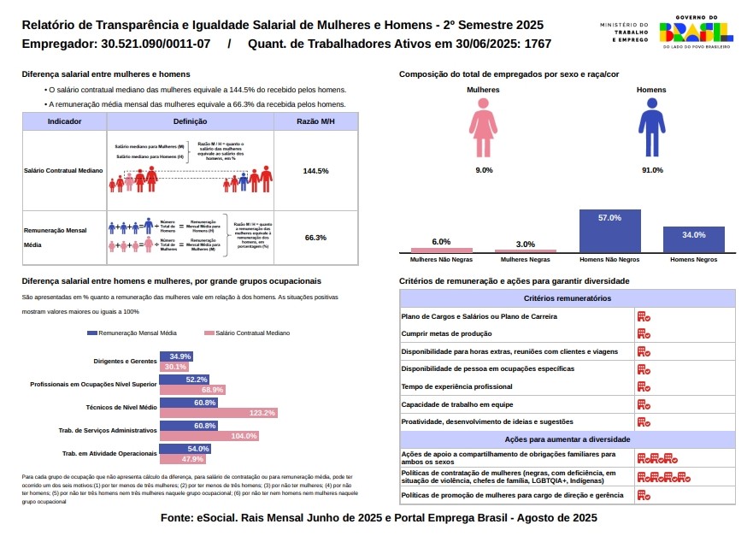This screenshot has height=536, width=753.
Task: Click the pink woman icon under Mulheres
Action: tap(483, 127)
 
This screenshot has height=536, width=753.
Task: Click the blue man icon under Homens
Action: tap(651, 127)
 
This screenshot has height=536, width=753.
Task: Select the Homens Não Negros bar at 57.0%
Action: tap(609, 231)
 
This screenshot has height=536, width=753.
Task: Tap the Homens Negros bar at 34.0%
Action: tap(693, 239)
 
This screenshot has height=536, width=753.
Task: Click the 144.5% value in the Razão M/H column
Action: tap(315, 171)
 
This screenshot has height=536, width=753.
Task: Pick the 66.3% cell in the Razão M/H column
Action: tap(315, 238)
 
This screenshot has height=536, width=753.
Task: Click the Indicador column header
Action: tap(65, 122)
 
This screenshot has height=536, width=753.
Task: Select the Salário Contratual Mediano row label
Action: tap(64, 171)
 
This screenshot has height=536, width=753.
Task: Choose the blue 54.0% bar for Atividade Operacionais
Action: tap(185, 449)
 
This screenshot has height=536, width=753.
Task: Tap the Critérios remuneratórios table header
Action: tap(567, 298)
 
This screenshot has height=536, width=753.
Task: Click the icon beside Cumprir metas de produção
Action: tap(643, 333)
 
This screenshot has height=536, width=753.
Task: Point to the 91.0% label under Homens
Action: tap(652, 170)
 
